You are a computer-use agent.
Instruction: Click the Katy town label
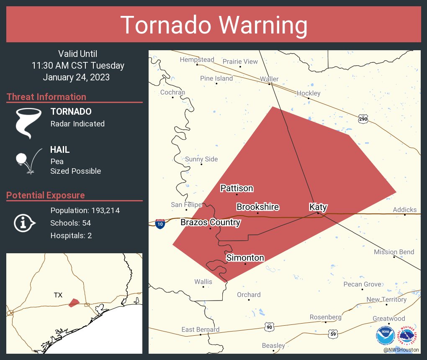tap(318, 207)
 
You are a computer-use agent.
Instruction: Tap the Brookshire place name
tap(257, 207)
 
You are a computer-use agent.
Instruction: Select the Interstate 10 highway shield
tap(160, 224)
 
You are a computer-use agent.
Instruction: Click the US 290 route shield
tap(363, 119)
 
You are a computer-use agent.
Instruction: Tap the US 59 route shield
tap(333, 334)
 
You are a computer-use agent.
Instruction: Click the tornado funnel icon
tap(28, 123)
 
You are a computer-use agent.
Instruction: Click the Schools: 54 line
tap(70, 223)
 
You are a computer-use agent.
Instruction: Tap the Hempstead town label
tap(197, 60)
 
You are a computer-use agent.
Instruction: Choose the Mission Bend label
tap(394, 252)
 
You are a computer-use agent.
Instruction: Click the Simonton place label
tap(245, 258)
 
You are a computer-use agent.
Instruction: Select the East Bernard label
tap(200, 330)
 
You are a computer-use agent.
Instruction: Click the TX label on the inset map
tap(58, 295)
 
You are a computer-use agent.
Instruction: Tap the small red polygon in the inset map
tap(74, 302)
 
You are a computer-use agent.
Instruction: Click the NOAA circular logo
tap(385, 336)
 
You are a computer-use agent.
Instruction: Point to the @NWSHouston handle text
tap(401, 350)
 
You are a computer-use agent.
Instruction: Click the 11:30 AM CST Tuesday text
tap(78, 66)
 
